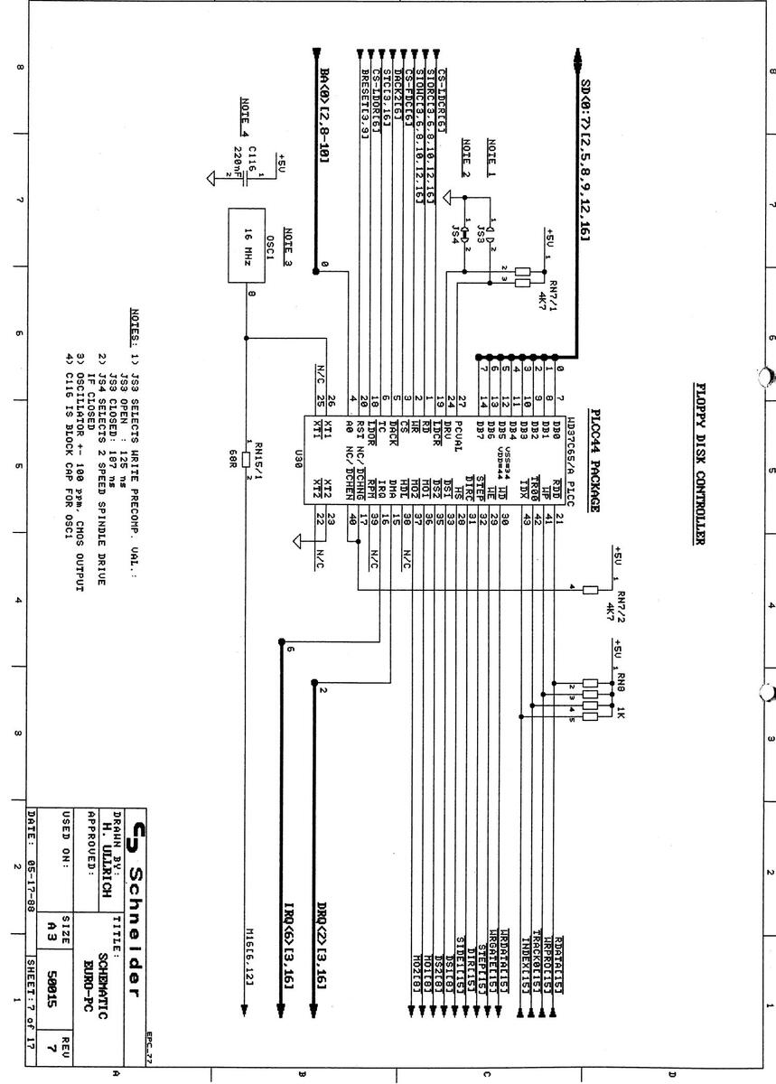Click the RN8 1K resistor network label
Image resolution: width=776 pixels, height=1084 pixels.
click(x=620, y=696)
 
